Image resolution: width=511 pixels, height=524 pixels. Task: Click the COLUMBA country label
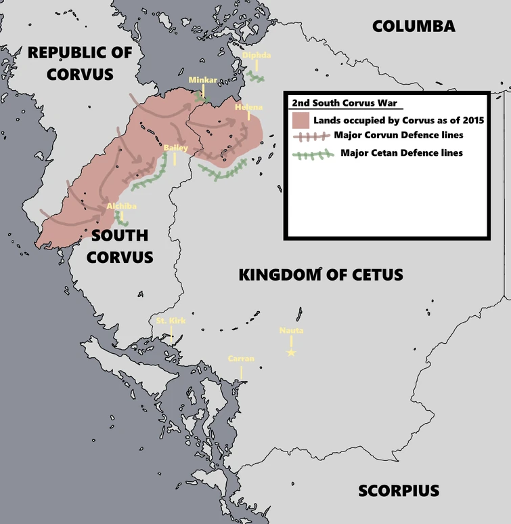[414, 26]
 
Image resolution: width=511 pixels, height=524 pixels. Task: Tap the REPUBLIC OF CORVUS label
[80, 62]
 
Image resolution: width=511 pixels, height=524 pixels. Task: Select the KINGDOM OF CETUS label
[321, 275]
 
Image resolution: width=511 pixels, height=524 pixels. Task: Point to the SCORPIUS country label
[399, 490]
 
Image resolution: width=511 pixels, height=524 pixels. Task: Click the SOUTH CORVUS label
[120, 246]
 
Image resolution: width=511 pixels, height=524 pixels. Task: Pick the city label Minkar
[203, 80]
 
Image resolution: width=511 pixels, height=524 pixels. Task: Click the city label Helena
[248, 108]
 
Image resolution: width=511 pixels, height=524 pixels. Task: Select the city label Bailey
[176, 147]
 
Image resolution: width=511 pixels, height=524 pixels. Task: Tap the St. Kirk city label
[170, 321]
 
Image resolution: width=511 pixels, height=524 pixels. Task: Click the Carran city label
[241, 359]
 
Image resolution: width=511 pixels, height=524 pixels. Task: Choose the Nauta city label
[291, 331]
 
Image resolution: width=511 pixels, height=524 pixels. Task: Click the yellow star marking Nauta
[291, 352]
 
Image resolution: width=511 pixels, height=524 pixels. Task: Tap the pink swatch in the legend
[301, 121]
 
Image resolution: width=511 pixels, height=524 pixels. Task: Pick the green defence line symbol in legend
[313, 153]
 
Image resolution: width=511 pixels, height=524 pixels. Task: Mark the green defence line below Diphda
[256, 77]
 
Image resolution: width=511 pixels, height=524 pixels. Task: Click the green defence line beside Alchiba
[121, 218]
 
